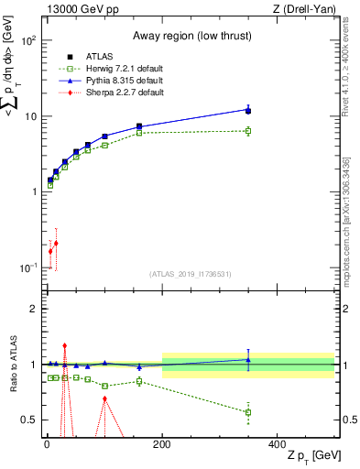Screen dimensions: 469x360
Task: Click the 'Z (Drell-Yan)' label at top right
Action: click(x=303, y=9)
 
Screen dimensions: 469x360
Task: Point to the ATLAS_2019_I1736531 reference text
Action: click(x=189, y=273)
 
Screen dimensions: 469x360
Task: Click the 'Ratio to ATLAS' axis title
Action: click(x=13, y=364)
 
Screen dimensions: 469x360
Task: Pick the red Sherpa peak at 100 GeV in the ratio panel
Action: click(x=104, y=398)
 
